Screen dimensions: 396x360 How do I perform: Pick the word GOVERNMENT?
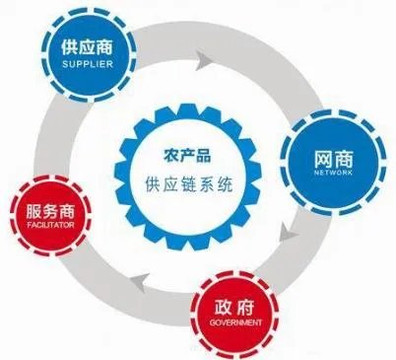point(234,324)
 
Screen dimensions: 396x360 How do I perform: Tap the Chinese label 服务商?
point(51,212)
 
